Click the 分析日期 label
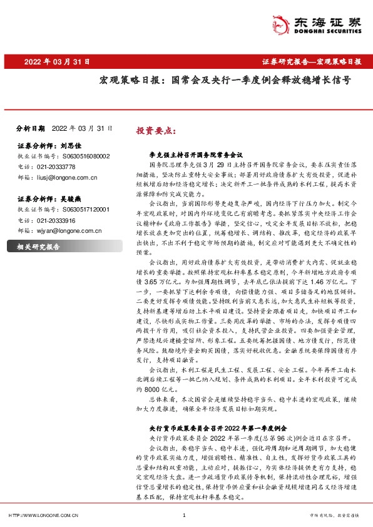(x=30, y=128)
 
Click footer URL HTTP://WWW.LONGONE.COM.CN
(x=42, y=515)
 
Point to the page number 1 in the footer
(x=184, y=515)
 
